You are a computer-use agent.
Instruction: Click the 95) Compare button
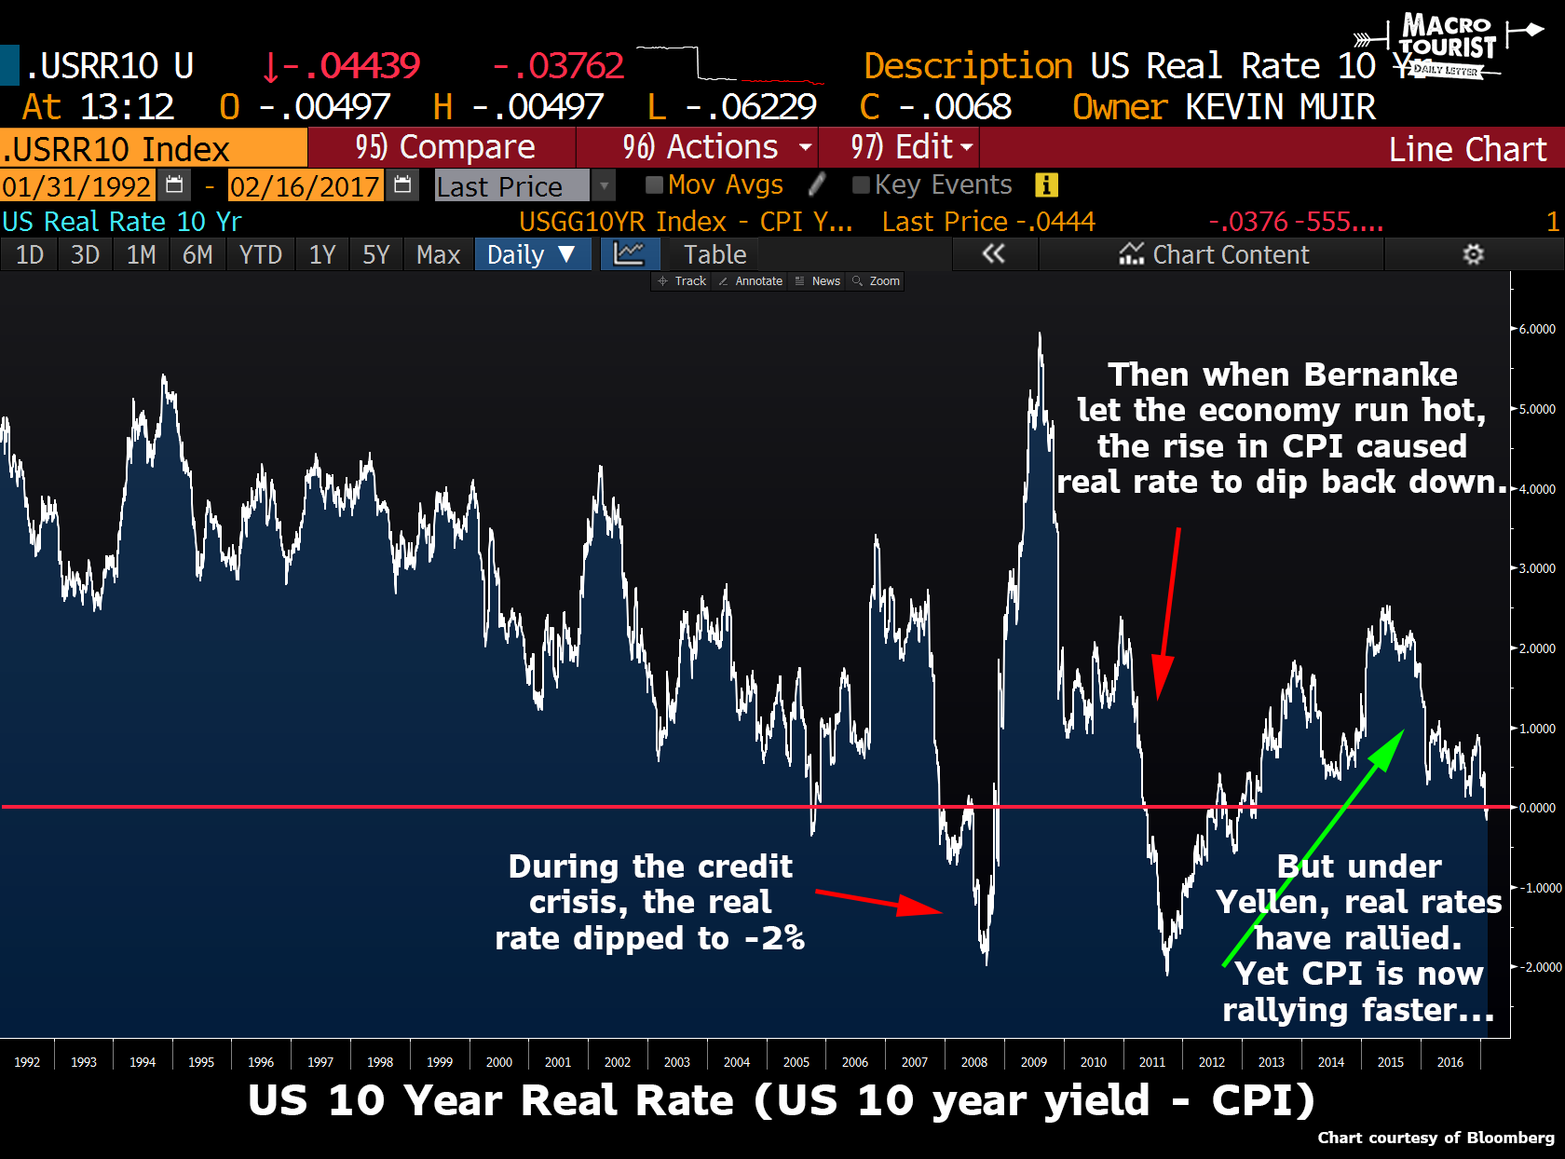tap(443, 147)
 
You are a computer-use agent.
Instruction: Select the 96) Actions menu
tap(700, 147)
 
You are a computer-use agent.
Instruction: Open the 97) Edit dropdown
tap(900, 147)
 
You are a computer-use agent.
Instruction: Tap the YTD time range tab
tap(260, 254)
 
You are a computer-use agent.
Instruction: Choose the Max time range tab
tap(438, 254)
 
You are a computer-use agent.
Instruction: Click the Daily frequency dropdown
tap(532, 254)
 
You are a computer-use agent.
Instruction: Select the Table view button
tap(714, 254)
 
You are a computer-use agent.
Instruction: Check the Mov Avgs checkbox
tap(654, 184)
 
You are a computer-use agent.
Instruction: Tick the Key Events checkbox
tap(861, 184)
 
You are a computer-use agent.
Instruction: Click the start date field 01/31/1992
tap(76, 186)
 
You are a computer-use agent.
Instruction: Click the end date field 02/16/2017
tap(305, 186)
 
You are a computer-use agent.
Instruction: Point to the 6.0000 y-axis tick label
tap(1537, 329)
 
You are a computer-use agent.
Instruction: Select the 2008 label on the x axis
tap(974, 1062)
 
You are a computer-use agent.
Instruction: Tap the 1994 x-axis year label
tap(143, 1062)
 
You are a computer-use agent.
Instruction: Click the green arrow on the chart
tap(1313, 848)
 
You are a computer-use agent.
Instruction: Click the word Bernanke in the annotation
tap(1381, 375)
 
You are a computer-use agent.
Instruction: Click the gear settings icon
tap(1473, 254)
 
